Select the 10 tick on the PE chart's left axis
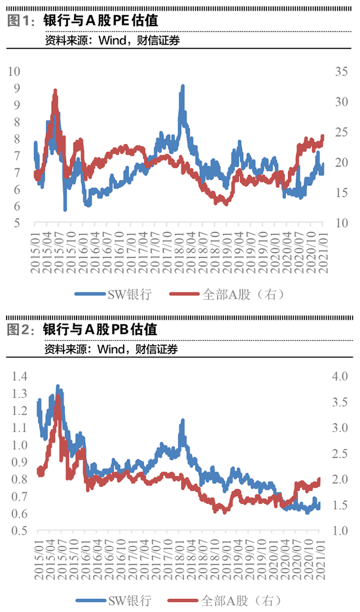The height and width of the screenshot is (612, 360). coord(18,71)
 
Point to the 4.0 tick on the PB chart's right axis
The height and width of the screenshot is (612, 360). coord(341,376)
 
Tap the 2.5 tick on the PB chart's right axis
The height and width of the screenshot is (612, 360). coord(341,454)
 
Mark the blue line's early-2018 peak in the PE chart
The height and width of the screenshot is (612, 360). coord(183,86)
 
